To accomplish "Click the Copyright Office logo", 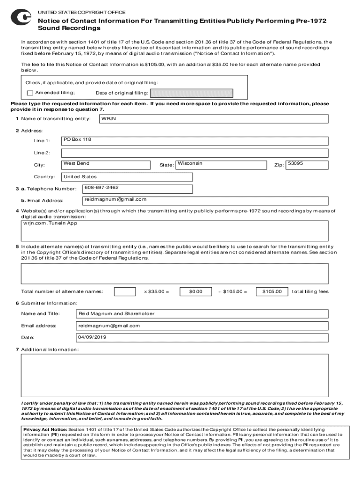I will [21, 18].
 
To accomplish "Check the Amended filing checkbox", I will [30, 93].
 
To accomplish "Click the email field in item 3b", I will [137, 200].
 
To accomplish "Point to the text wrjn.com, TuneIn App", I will [50, 224].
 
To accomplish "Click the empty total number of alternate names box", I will [125, 292].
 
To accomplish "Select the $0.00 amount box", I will [195, 292].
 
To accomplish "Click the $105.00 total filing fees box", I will [272, 292].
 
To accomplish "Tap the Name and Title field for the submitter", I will [201, 314].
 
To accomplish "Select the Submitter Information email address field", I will [201, 326].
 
